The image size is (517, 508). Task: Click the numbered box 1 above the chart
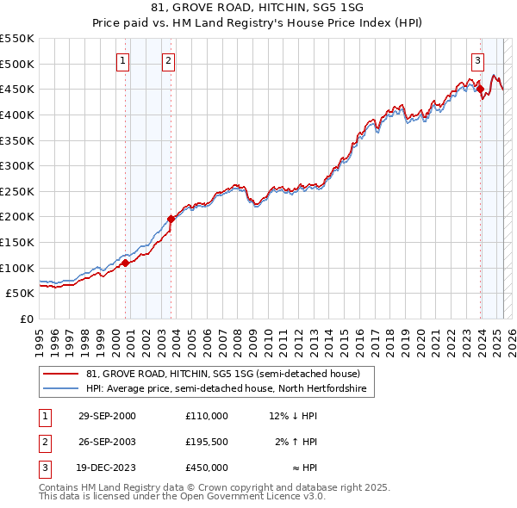(x=124, y=60)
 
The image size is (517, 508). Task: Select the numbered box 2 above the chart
(x=168, y=60)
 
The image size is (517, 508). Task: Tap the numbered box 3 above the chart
(x=477, y=60)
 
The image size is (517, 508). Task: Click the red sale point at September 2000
(x=126, y=263)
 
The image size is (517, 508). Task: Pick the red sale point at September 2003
(x=171, y=219)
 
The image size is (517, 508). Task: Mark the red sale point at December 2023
(x=480, y=88)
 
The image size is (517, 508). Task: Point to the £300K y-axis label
(x=17, y=165)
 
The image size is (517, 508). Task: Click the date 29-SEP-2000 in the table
(x=107, y=416)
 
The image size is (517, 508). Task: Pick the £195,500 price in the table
(x=206, y=442)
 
